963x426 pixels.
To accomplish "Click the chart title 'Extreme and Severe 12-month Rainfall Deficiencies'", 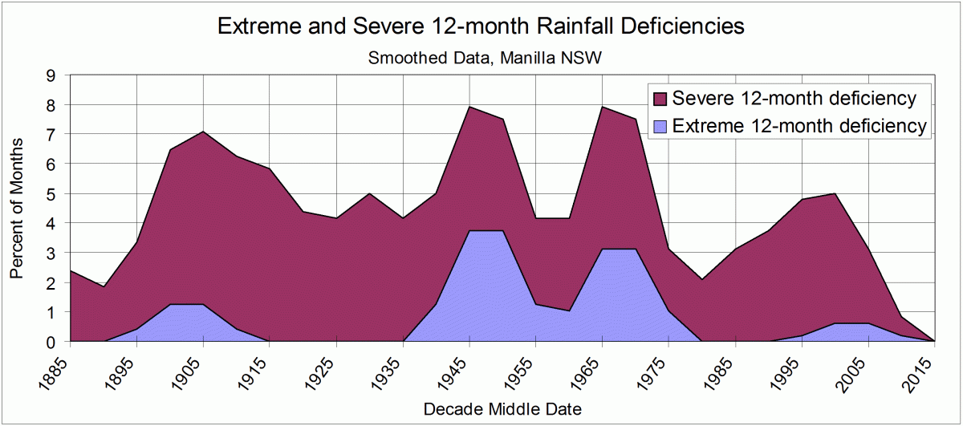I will (481, 26).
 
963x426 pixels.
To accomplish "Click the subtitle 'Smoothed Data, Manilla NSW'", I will (481, 58).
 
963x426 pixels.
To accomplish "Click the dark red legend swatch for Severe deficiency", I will (660, 99).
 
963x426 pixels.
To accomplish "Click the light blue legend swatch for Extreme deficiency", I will (660, 127).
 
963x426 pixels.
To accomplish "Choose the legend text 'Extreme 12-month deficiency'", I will (799, 126).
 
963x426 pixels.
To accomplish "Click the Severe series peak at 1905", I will (204, 132).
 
